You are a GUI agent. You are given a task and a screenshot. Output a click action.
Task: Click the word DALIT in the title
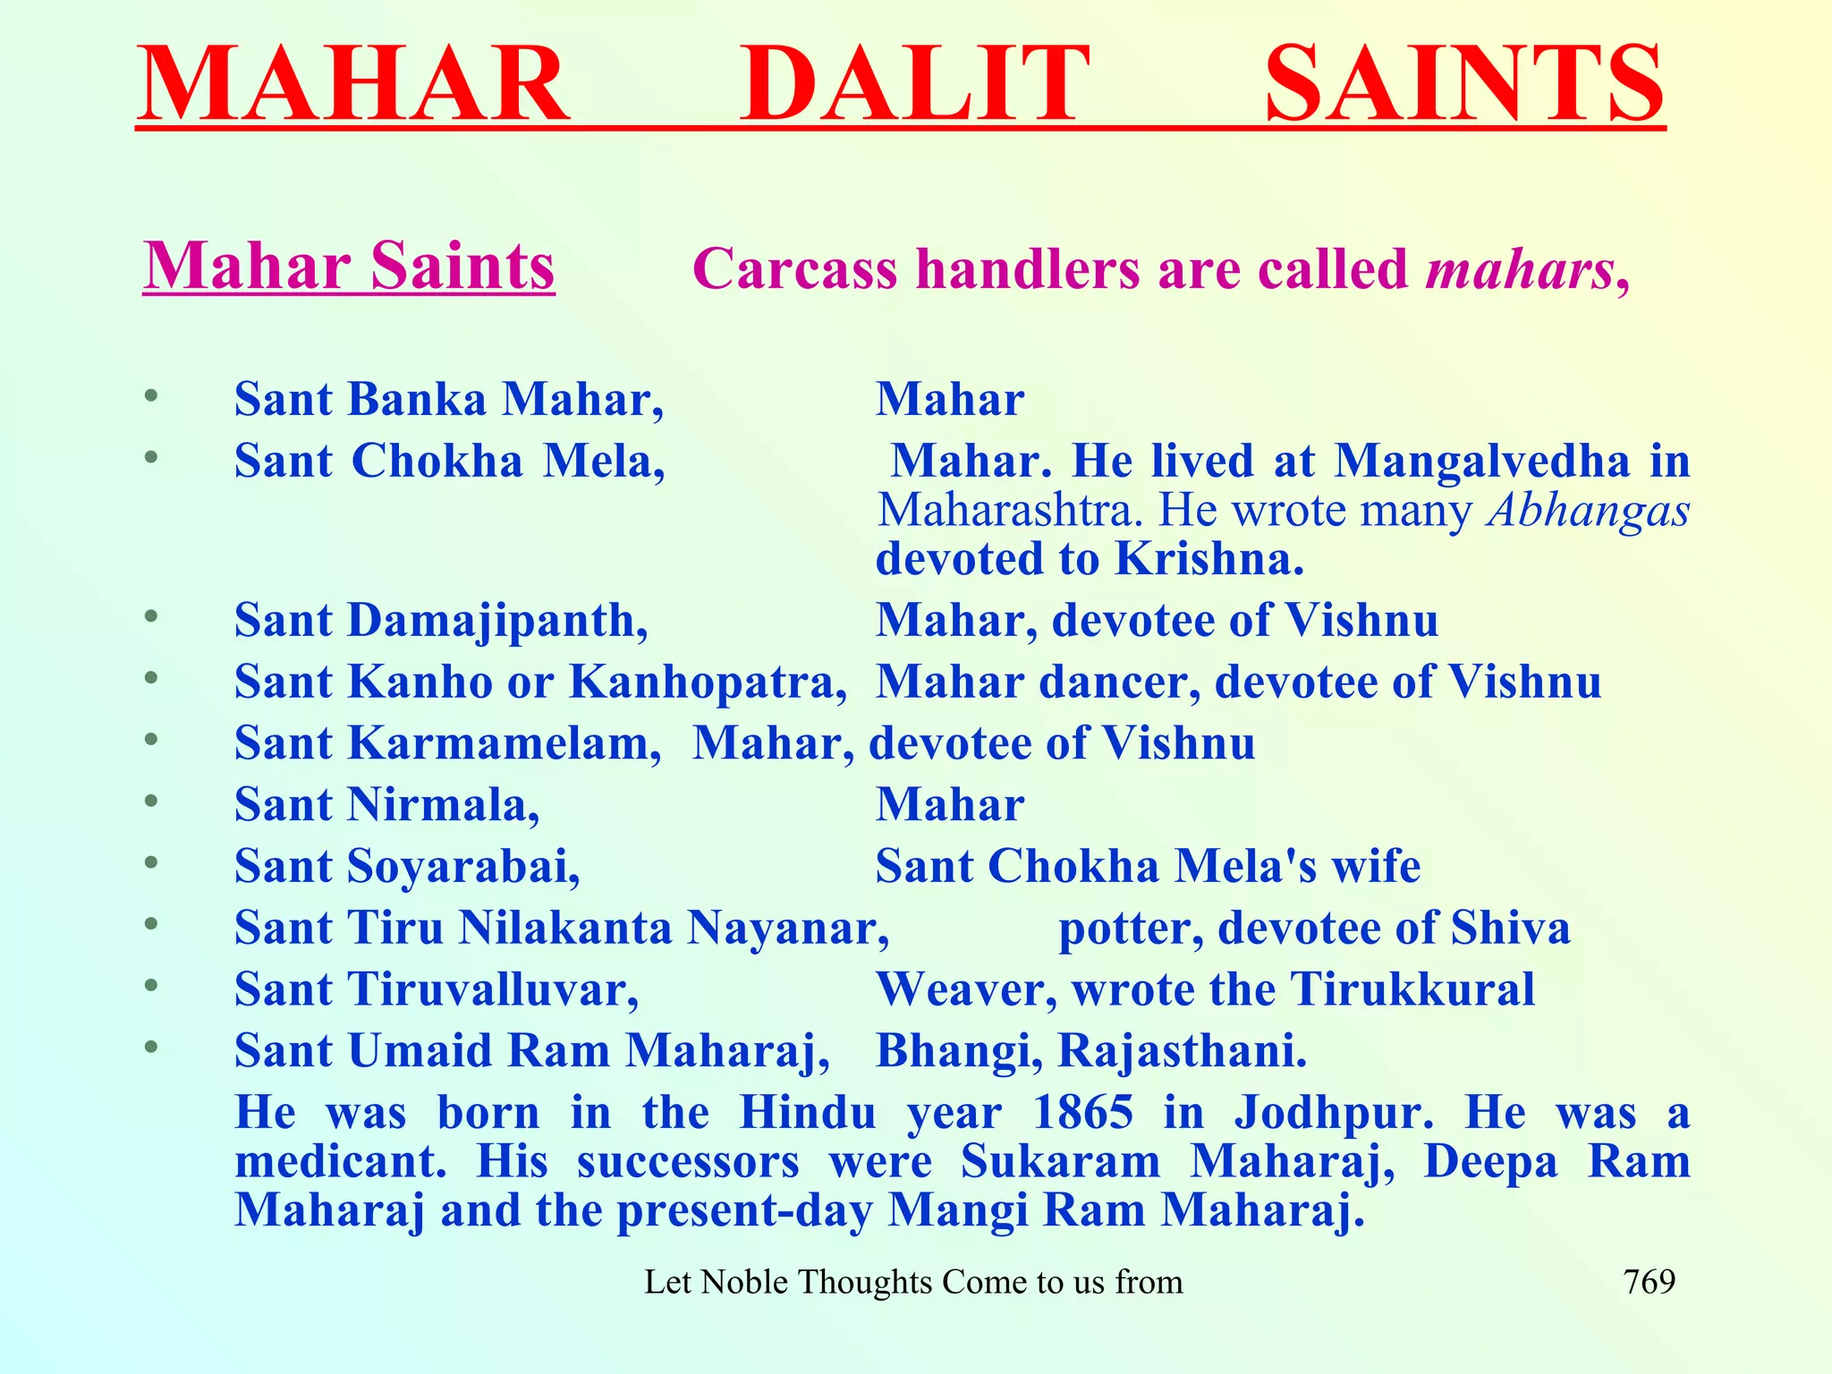tap(914, 84)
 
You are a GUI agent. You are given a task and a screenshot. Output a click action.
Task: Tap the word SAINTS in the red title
tap(1464, 84)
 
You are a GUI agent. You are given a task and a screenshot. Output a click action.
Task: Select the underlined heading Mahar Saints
tap(349, 267)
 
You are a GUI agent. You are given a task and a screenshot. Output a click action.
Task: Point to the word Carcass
tap(795, 268)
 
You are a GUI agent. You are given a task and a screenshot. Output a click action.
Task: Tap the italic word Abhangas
tap(1588, 511)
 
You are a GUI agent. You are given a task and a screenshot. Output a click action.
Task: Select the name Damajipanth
tap(496, 621)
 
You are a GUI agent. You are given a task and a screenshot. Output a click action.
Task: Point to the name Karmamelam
tap(504, 743)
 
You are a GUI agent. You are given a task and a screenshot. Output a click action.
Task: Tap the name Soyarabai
tap(462, 867)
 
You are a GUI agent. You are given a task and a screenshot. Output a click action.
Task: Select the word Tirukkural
tap(1412, 989)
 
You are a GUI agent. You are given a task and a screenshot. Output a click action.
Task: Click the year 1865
tap(1082, 1113)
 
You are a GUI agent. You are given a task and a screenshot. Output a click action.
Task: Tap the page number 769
tap(1649, 1283)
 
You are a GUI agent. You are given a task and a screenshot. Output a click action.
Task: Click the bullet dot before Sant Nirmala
tap(151, 800)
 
